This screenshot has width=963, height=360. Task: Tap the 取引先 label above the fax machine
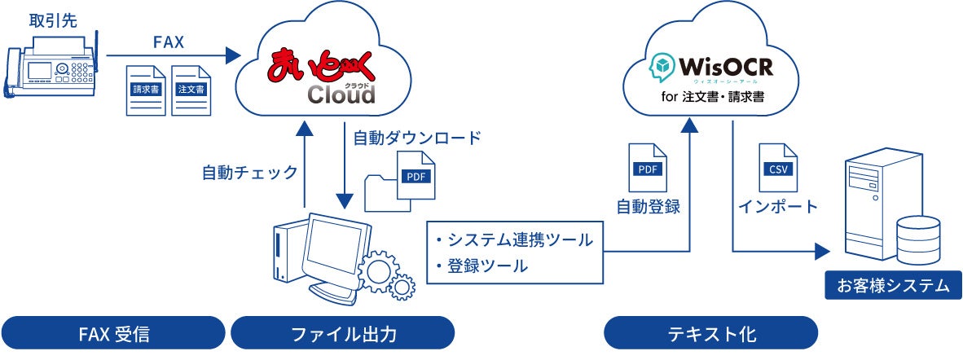coord(49,17)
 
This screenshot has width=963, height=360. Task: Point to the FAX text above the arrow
coord(167,40)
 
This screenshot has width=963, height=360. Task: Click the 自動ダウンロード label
coord(416,137)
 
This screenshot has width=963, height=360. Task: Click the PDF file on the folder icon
coord(415,176)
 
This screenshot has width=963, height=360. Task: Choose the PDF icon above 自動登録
coord(647,168)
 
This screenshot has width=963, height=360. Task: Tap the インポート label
coord(777,206)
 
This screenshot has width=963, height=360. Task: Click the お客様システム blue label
coord(893,286)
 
